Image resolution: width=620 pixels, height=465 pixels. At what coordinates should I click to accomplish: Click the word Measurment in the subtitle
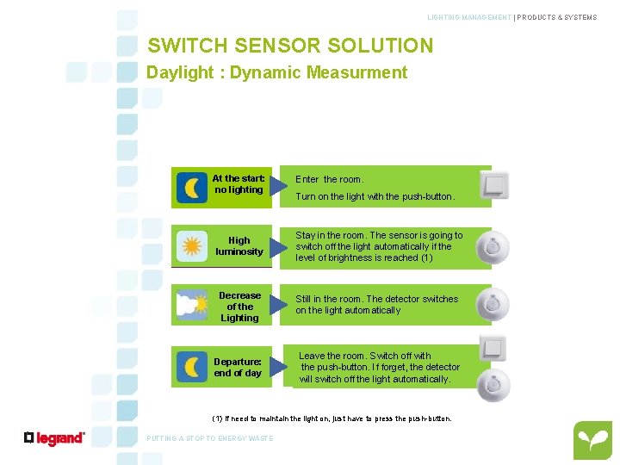(x=357, y=72)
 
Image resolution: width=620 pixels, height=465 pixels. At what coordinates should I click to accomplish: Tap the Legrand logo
(x=54, y=438)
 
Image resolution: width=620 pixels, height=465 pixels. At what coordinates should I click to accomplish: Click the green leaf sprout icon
(x=592, y=441)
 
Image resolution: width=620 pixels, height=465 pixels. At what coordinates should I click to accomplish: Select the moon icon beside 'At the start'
(x=192, y=188)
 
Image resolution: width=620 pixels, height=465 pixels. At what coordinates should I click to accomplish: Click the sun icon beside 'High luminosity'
(x=192, y=246)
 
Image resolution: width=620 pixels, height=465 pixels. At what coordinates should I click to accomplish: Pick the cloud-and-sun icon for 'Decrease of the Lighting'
(x=192, y=305)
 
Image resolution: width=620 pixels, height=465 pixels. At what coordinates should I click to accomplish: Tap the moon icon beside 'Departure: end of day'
(x=192, y=367)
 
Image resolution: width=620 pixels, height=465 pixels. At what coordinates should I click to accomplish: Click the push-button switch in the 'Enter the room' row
(x=494, y=184)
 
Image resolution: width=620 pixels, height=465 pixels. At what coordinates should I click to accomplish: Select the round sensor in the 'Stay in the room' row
(x=493, y=247)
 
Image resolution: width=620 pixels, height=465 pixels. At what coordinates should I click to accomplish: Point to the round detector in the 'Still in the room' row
(x=493, y=304)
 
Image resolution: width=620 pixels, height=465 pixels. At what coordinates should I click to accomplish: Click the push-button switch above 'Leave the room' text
(x=493, y=348)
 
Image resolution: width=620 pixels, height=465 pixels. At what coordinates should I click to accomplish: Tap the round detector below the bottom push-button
(x=493, y=385)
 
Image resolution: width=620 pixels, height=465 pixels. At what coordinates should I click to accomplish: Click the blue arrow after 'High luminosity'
(x=278, y=248)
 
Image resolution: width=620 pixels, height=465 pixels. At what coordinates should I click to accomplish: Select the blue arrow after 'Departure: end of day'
(x=278, y=367)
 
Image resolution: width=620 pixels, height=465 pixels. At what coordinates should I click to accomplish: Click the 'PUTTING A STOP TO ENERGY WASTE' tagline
(x=210, y=438)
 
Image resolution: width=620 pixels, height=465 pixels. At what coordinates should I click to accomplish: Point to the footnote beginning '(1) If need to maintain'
(x=332, y=418)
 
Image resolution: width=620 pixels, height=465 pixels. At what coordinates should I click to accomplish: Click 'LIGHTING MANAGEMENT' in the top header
(x=469, y=17)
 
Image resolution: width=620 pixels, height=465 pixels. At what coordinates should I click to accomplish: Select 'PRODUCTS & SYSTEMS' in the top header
(x=557, y=17)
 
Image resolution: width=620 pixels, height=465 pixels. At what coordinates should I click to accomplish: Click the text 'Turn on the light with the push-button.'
(x=375, y=196)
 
